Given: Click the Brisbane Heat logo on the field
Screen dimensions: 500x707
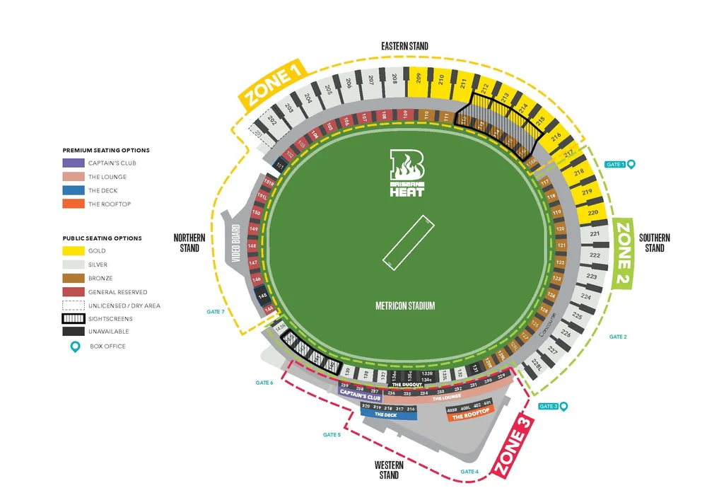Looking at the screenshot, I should coord(408,173).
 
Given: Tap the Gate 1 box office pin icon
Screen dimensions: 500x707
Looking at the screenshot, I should coord(631,164).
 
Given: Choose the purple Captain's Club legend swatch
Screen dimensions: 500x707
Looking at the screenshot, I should coord(73,163).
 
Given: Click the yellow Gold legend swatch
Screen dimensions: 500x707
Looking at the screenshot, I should coord(73,251).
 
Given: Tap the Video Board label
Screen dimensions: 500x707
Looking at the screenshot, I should coord(235,244).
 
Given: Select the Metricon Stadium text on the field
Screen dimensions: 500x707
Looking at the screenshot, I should coord(405,306).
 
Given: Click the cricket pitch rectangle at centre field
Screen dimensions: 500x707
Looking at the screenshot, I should coord(408,242).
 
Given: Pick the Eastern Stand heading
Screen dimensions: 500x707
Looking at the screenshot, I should coord(404,47).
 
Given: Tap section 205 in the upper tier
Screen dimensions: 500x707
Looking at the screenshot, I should coord(328,90).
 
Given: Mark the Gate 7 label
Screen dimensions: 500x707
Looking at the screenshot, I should coord(216,311).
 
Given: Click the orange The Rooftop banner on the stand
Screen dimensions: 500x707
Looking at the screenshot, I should coord(467,417).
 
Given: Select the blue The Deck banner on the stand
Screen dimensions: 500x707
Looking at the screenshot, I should coord(386,415).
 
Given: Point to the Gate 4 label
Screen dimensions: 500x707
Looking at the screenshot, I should coord(469,471).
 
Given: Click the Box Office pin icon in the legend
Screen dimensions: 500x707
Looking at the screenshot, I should coord(73,347).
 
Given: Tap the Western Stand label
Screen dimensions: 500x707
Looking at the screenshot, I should coord(389,470).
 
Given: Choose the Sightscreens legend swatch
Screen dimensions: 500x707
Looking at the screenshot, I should coord(73,319).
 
